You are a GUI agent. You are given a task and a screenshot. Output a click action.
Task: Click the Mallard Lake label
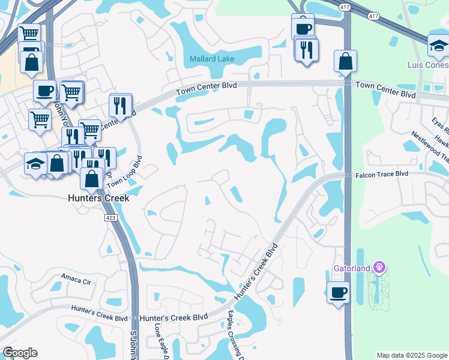pyautogui.click(x=212, y=59)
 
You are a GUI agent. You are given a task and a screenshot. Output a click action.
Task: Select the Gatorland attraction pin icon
pyautogui.click(x=379, y=266)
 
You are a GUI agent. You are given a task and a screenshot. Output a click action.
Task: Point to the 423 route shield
pyautogui.click(x=110, y=218)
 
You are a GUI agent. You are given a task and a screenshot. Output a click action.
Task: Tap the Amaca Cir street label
pyautogui.click(x=75, y=277)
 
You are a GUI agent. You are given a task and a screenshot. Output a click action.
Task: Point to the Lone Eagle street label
pyautogui.click(x=158, y=339)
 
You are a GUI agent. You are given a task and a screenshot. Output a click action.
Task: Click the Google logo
pyautogui.click(x=20, y=353)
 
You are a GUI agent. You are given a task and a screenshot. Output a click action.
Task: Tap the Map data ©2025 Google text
pyautogui.click(x=412, y=355)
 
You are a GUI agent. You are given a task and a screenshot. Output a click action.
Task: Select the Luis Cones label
pyautogui.click(x=427, y=64)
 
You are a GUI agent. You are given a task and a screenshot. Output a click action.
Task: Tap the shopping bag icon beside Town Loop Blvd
pyautogui.click(x=92, y=178)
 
